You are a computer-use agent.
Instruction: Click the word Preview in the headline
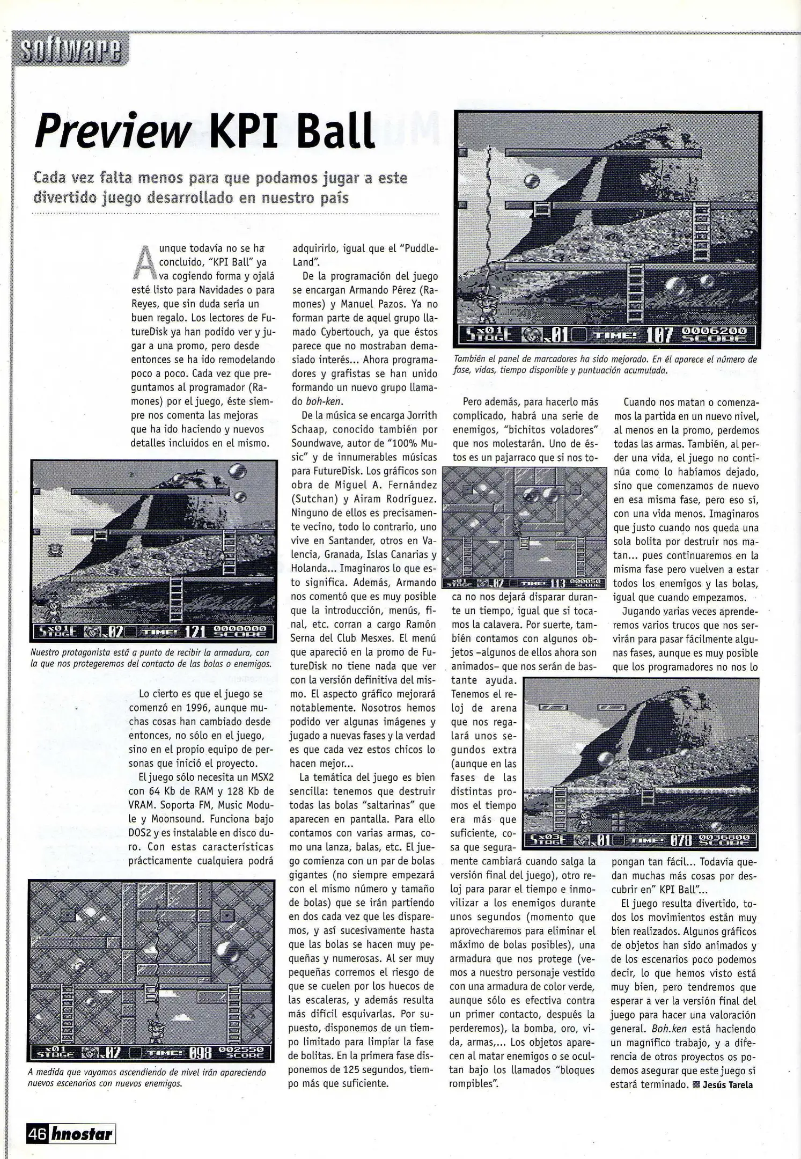pos(113,131)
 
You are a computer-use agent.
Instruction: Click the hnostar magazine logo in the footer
pos(82,1134)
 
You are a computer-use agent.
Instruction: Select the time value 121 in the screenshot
pos(195,632)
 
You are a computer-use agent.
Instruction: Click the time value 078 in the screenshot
pos(682,840)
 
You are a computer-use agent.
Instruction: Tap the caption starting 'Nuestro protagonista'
pos(150,658)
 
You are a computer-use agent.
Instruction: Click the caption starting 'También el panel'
pos(605,365)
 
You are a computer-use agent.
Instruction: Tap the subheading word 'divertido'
pos(63,198)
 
